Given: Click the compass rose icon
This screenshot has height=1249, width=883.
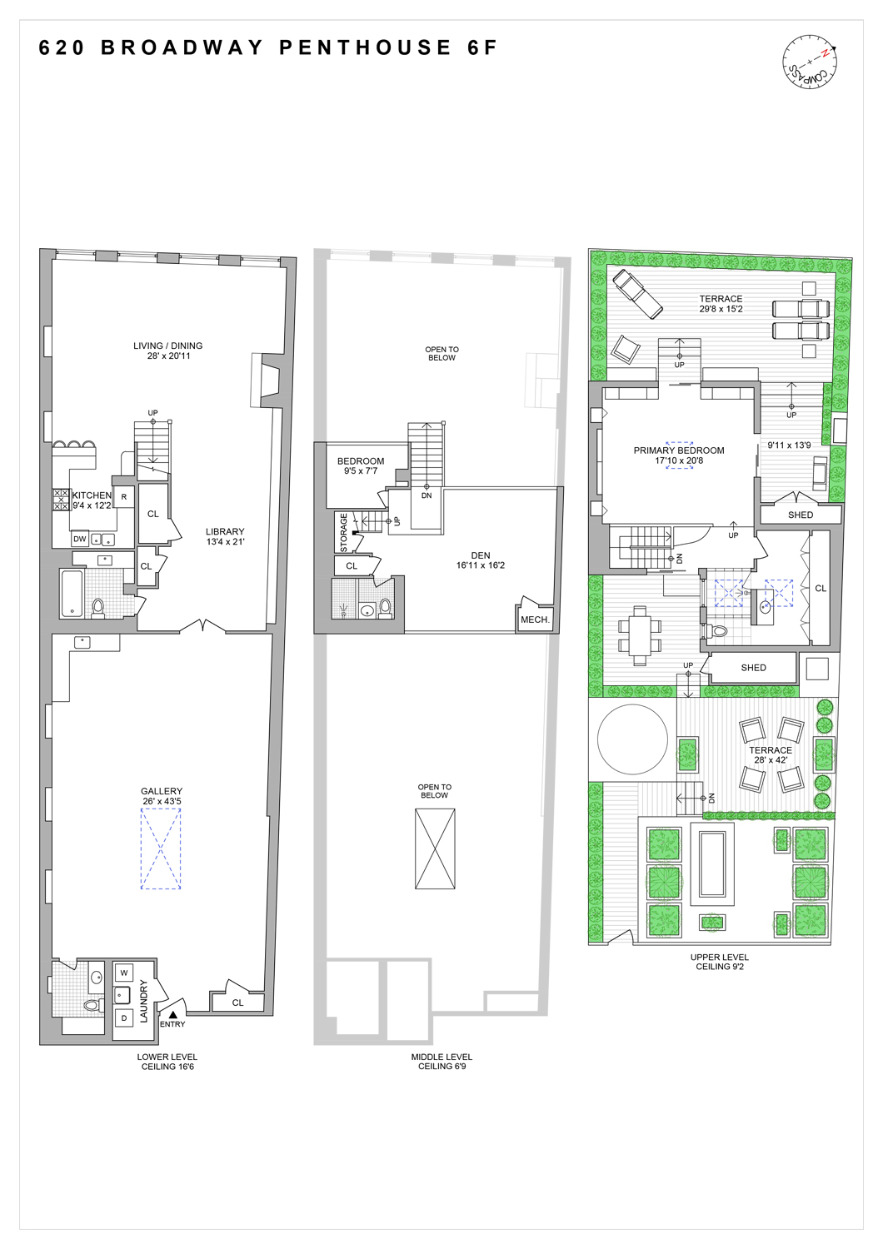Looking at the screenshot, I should pos(809,62).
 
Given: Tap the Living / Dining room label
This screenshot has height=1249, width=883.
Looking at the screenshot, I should pos(168,351).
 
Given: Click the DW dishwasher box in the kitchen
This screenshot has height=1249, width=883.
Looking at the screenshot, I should pos(80,539).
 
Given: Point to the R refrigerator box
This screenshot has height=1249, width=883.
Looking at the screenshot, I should pos(124,497).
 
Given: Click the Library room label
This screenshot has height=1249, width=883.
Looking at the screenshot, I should pos(225,536).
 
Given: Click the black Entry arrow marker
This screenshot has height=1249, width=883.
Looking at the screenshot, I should pos(172,1014).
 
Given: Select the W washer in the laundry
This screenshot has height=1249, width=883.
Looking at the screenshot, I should pos(124,973).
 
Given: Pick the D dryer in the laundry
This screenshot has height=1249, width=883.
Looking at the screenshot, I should pos(124,1018).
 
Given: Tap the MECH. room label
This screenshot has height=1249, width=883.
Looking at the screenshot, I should pos(535,620).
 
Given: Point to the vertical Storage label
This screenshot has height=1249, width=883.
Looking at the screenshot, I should pos(343,533).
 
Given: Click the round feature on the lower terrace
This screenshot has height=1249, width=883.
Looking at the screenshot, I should pos(633,739).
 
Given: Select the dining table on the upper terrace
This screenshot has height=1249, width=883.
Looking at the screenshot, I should pos(639,636).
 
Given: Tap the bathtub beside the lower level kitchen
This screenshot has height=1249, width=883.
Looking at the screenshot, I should pos(72,593).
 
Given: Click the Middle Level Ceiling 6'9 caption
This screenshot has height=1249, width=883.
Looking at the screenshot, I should pos(441,1062).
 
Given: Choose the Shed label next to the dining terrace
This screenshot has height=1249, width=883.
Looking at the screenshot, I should pos(753,668).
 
